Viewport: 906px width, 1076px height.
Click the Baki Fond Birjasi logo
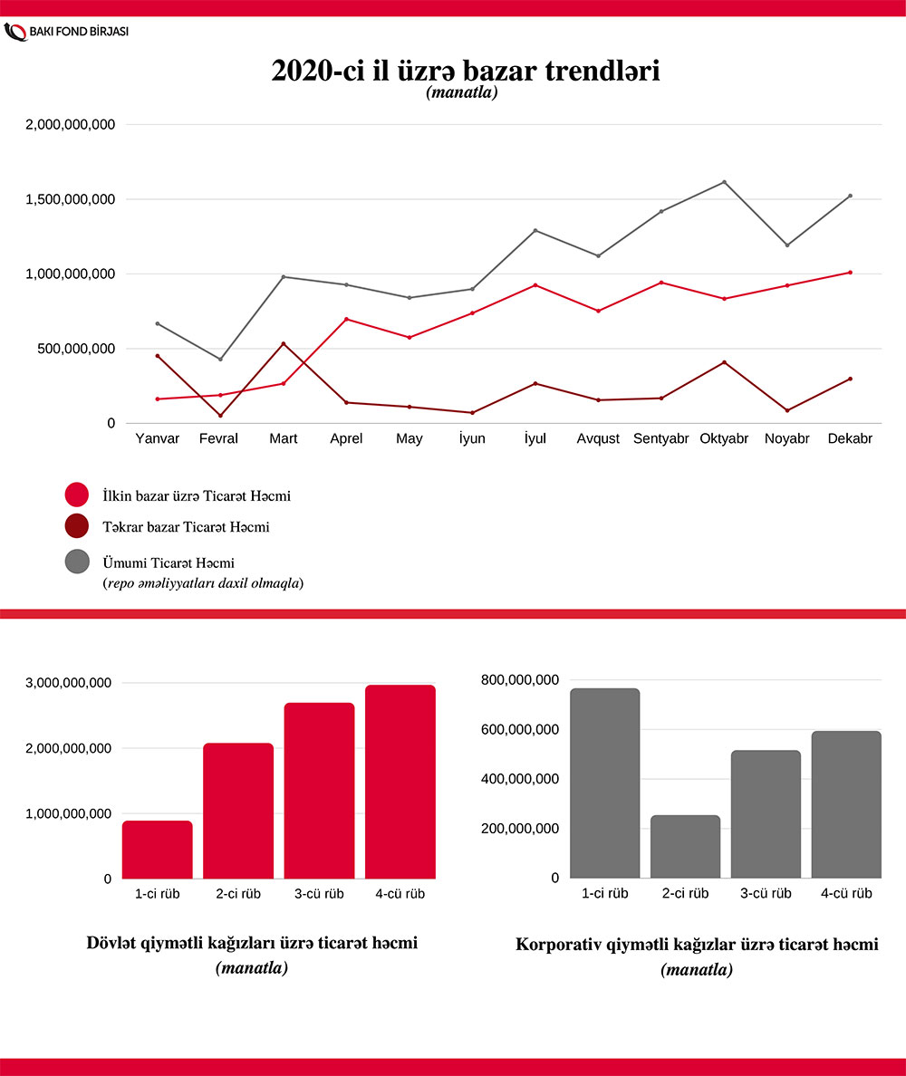pos(67,31)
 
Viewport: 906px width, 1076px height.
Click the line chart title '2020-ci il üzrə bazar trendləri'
pos(465,71)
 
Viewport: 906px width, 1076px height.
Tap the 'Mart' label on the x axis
pos(284,439)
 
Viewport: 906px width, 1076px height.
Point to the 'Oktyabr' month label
pos(724,439)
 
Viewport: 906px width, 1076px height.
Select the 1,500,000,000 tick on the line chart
pos(70,199)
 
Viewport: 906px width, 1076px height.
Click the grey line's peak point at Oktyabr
pos(724,182)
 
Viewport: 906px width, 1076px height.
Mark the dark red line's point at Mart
pos(284,344)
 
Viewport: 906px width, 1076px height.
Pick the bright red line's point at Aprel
pos(346,319)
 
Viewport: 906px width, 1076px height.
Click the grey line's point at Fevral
pos(220,360)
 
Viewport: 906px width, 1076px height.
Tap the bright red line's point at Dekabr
pos(850,273)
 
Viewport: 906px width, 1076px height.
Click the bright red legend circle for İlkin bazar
pos(77,495)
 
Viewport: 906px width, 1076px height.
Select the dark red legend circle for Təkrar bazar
pos(77,526)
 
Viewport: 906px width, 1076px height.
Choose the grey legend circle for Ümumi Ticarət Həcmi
pos(77,562)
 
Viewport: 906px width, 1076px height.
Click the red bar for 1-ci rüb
pos(158,850)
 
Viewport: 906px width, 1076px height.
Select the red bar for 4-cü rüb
pos(400,782)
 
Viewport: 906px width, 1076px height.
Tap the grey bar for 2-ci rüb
pos(685,847)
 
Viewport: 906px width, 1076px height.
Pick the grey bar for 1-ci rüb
pos(605,783)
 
